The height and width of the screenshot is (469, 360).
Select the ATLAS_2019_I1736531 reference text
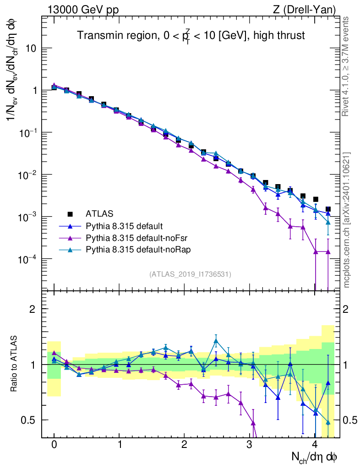point(190,274)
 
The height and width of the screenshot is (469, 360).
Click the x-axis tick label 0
point(54,445)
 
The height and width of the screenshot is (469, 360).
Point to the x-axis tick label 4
point(315,445)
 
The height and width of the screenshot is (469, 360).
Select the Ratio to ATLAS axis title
point(14,364)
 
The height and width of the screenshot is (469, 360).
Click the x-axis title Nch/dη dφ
point(315,457)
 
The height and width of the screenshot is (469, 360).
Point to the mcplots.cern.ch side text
point(347,220)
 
